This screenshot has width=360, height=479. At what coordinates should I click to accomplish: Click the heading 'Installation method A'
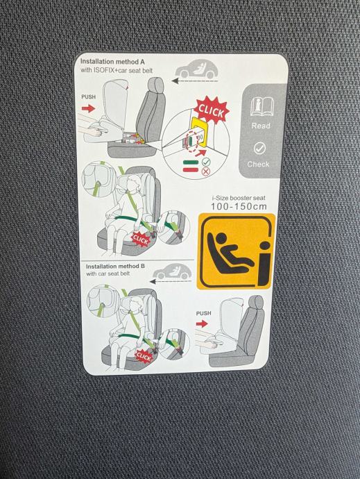click(112, 62)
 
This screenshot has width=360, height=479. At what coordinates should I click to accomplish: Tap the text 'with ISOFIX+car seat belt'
click(117, 70)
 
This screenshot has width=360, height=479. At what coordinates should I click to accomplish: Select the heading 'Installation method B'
click(115, 267)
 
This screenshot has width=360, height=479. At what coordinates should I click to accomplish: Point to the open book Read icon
click(262, 107)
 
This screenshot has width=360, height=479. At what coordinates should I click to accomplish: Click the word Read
click(261, 126)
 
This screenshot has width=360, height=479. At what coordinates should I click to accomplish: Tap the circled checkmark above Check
click(259, 149)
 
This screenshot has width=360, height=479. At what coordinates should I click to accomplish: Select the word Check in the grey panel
click(258, 164)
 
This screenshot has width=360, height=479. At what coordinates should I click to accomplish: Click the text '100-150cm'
click(239, 206)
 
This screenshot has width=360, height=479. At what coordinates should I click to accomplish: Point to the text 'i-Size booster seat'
click(239, 198)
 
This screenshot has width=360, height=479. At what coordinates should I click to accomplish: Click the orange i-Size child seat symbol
click(236, 251)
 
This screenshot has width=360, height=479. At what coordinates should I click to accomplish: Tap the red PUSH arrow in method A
click(89, 108)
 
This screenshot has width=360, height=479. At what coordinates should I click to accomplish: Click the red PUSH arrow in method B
click(202, 323)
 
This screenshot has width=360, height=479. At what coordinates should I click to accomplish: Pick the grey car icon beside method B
click(172, 271)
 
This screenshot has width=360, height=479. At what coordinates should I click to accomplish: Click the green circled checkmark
click(206, 162)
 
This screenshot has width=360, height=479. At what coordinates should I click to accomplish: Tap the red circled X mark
click(206, 171)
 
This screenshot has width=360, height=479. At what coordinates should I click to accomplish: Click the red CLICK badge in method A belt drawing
click(140, 239)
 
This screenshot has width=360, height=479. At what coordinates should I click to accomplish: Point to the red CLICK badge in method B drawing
click(144, 357)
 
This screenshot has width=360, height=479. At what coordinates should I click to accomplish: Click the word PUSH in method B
click(204, 313)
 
